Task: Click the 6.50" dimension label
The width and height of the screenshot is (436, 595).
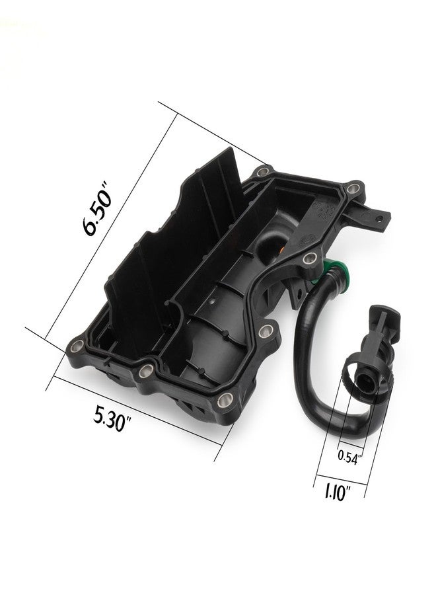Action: pyautogui.click(x=96, y=208)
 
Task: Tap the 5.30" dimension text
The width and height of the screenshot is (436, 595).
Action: pyautogui.click(x=112, y=418)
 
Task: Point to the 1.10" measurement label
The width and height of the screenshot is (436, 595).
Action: pyautogui.click(x=337, y=493)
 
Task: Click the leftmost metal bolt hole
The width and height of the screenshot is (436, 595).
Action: pyautogui.click(x=77, y=346)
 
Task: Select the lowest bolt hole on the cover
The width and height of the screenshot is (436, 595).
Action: pyautogui.click(x=225, y=399)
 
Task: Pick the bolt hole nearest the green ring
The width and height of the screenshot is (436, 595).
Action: pyautogui.click(x=310, y=258)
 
